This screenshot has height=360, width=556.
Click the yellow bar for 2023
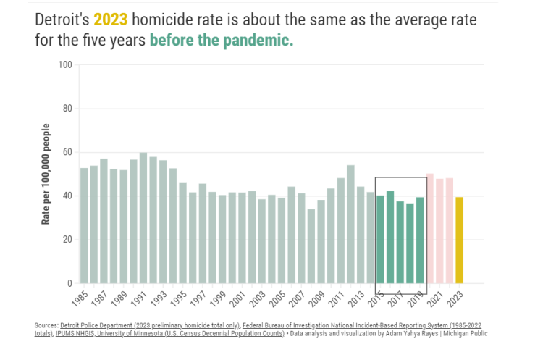click(x=459, y=240)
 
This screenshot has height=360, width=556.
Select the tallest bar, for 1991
click(x=143, y=218)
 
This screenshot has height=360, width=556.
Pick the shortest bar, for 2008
click(x=311, y=246)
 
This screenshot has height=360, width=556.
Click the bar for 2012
click(x=350, y=225)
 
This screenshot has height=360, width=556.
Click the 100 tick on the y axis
click(x=65, y=65)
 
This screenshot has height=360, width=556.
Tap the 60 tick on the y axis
click(x=67, y=152)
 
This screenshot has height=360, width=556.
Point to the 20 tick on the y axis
click(x=67, y=240)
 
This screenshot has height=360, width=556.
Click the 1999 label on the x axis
click(x=222, y=298)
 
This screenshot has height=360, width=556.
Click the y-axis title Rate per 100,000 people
click(x=46, y=174)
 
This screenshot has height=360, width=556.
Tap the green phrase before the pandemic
click(x=221, y=41)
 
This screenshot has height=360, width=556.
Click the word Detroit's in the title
click(x=62, y=20)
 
